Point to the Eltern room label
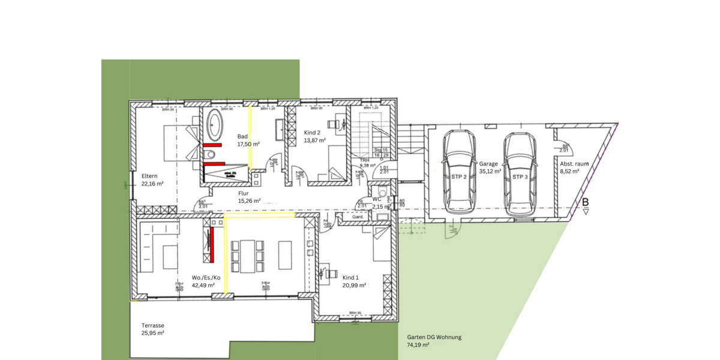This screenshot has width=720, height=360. [149, 176]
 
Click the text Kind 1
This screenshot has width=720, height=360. [351, 278]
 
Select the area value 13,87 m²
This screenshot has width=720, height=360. [314, 140]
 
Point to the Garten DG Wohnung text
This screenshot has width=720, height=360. [434, 337]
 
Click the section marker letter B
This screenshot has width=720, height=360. [585, 203]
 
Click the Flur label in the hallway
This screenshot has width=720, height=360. [243, 193]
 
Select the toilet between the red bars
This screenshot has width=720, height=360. [210, 155]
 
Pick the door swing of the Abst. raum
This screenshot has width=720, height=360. [564, 142]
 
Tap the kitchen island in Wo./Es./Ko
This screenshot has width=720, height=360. [170, 256]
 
